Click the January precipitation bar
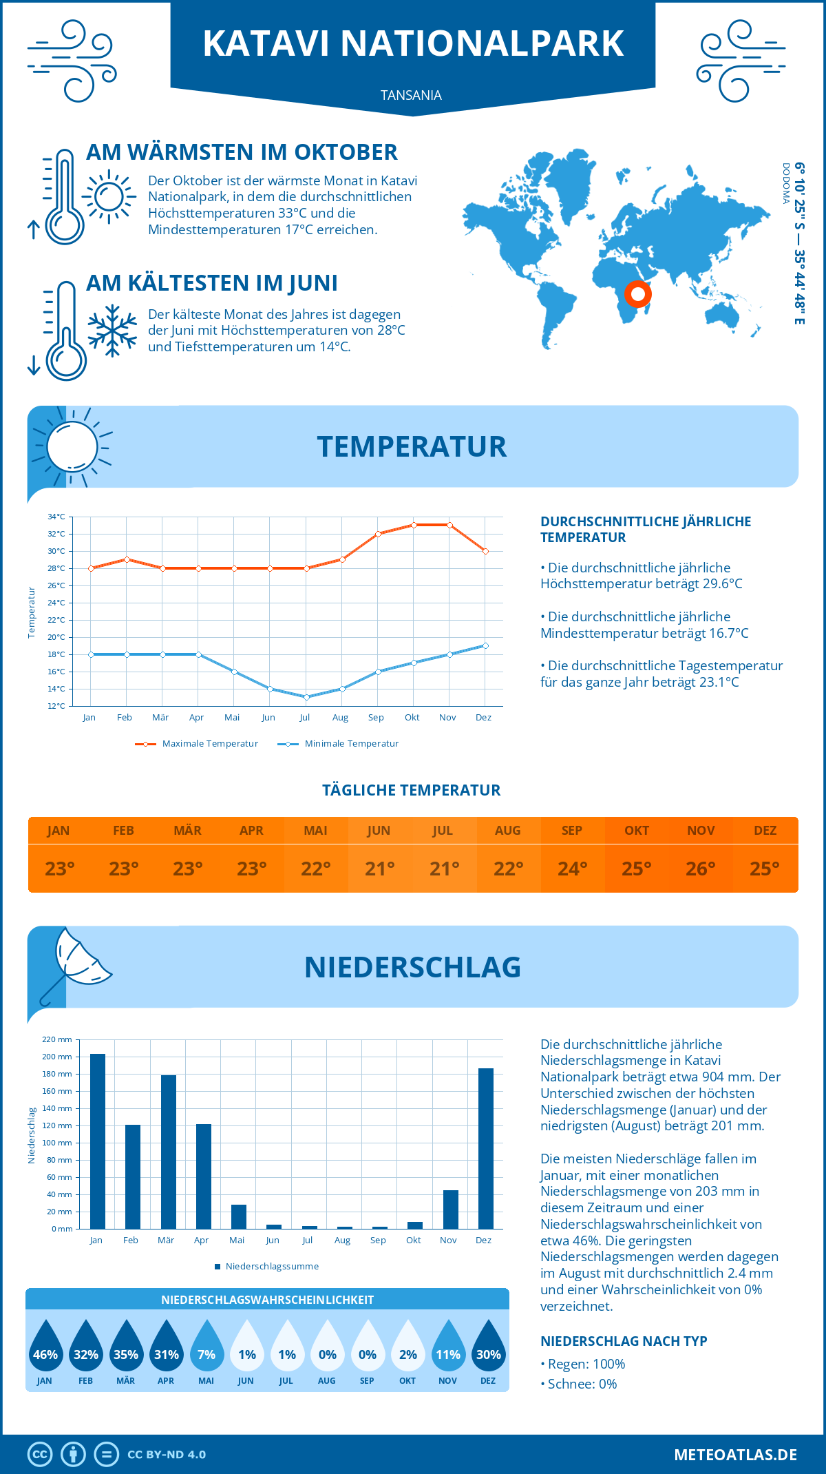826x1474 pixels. (98, 1141)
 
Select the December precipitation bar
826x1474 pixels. (486, 1148)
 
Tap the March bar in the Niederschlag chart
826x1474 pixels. (169, 1152)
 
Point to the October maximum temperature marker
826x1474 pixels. (414, 525)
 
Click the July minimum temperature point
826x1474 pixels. (306, 697)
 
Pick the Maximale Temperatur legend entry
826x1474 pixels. (197, 744)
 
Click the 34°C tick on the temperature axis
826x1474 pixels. (56, 517)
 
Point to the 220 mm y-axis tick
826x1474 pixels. (58, 1039)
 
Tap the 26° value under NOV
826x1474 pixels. (701, 869)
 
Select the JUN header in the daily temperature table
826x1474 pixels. (379, 830)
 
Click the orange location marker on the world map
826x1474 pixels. (638, 294)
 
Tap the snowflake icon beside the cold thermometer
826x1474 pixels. (112, 331)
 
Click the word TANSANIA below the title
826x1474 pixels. (412, 95)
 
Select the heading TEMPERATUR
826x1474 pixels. (412, 446)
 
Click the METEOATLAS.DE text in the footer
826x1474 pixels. (735, 1455)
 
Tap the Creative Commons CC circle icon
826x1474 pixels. (40, 1455)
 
